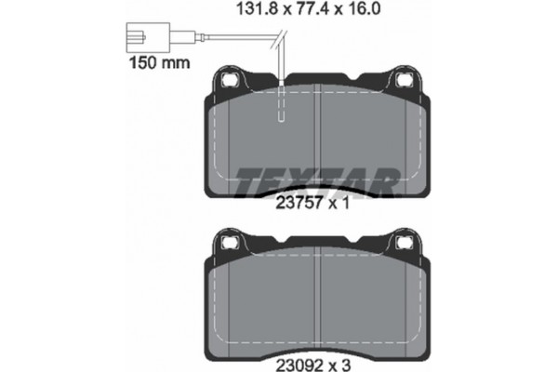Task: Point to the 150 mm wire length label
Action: pyautogui.click(x=159, y=62)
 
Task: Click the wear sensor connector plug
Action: pyautogui.click(x=148, y=37)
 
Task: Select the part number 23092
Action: pyautogui.click(x=299, y=365)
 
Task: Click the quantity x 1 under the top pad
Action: pyautogui.click(x=339, y=204)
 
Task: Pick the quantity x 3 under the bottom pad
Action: pyautogui.click(x=339, y=365)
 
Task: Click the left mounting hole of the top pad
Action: pyautogui.click(x=229, y=80)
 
